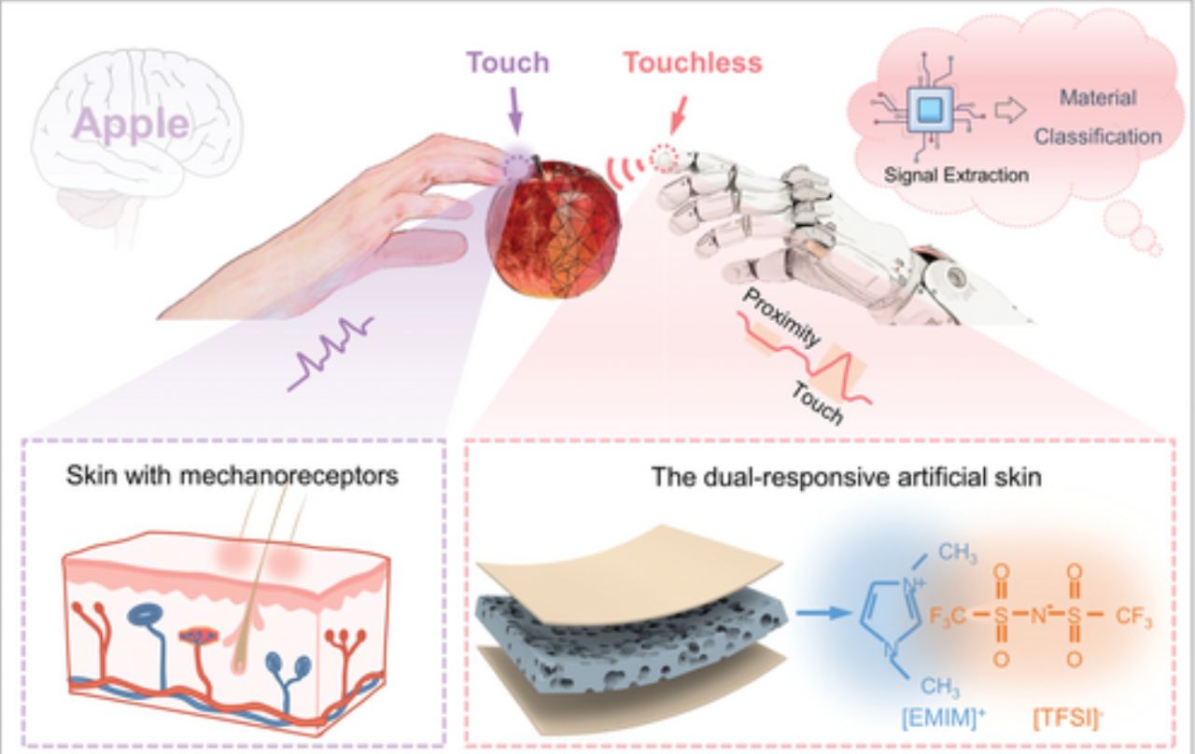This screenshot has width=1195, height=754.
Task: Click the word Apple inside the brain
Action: coord(132,125)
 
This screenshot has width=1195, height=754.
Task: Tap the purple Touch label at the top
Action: coord(507,63)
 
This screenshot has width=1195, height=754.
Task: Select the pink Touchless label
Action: coord(693,63)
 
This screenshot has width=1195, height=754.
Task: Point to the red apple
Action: coord(553,229)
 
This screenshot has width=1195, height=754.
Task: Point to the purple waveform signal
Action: coord(330,352)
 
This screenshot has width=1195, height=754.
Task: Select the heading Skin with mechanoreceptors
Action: coord(232,476)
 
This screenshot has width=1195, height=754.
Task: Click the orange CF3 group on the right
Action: coord(1132,617)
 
